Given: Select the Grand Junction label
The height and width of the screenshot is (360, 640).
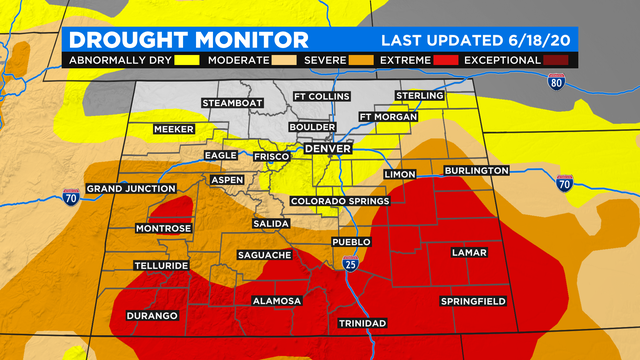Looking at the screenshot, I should point(127,188).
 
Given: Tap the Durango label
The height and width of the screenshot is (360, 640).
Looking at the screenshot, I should point(152,316).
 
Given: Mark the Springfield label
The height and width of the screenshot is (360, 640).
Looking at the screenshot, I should point(473,301).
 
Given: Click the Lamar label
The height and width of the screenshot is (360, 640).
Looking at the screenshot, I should point(469,253).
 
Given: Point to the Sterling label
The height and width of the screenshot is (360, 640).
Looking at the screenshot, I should point(419,96).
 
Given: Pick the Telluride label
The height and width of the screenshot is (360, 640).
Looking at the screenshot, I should point(160,265).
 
